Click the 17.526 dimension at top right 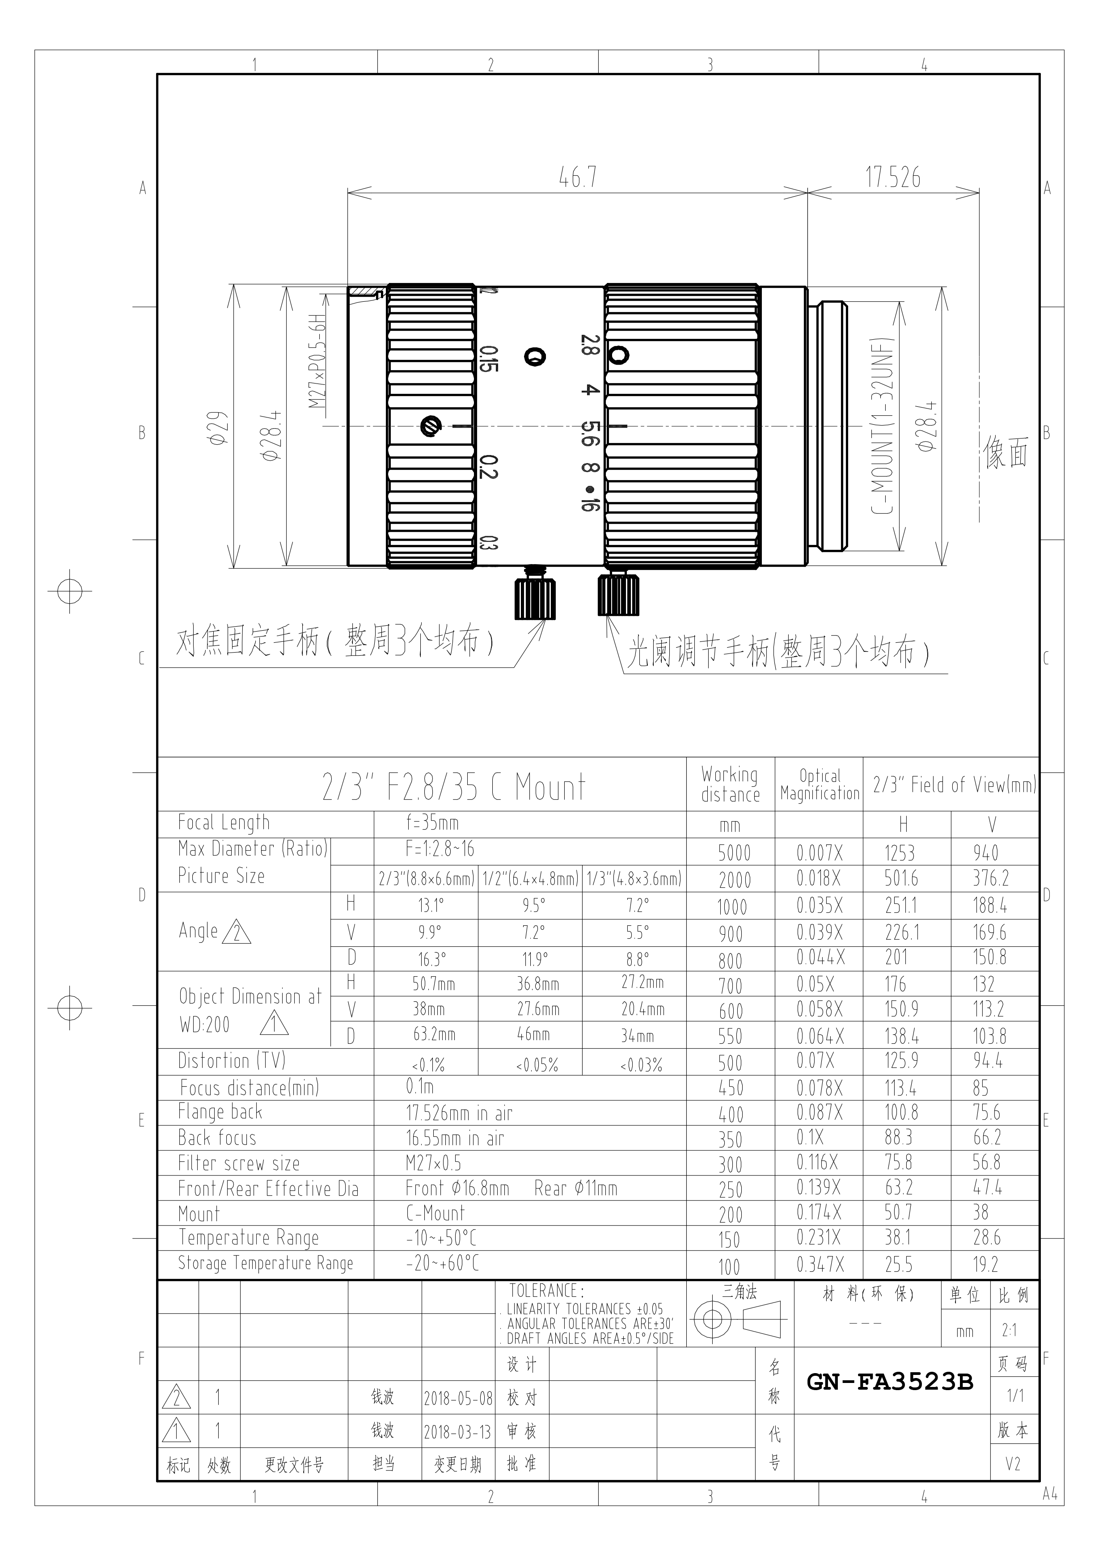pyautogui.click(x=893, y=177)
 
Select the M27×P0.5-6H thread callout pyautogui.click(x=317, y=361)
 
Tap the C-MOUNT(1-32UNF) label pyautogui.click(x=883, y=426)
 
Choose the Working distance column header pyautogui.click(x=730, y=784)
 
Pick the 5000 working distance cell pyautogui.click(x=734, y=853)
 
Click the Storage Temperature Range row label pyautogui.click(x=266, y=1264)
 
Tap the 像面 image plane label pyautogui.click(x=1006, y=453)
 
